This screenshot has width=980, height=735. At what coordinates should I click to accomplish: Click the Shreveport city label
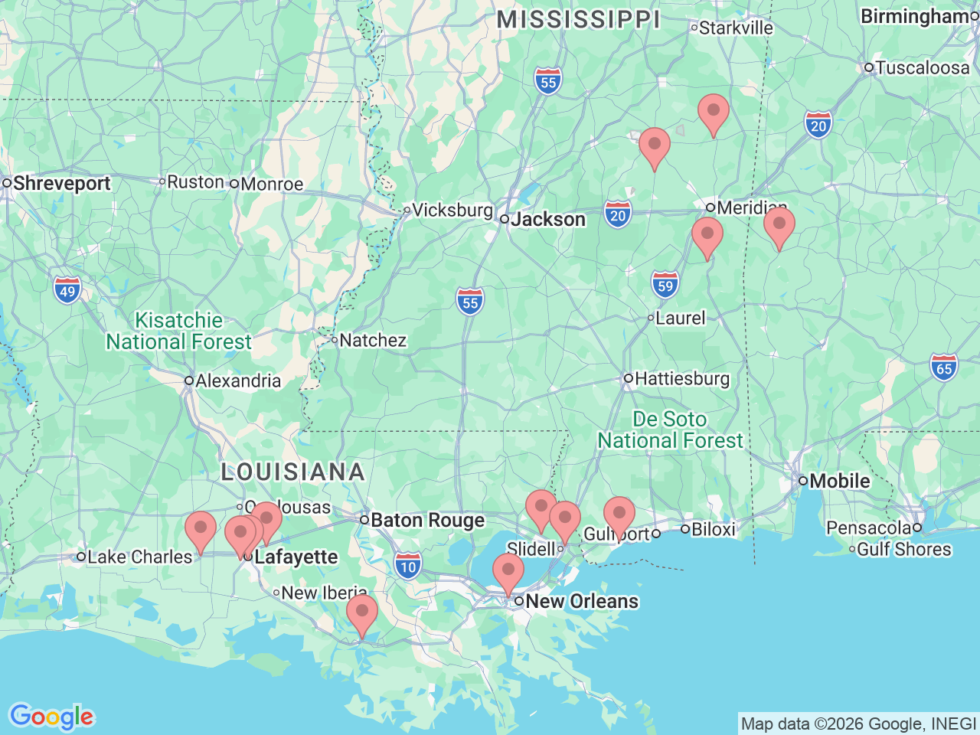tap(61, 184)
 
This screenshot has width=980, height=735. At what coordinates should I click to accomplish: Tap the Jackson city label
tap(548, 220)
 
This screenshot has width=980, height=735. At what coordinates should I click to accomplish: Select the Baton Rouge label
tap(427, 521)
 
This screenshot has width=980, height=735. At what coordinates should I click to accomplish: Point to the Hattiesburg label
tap(681, 379)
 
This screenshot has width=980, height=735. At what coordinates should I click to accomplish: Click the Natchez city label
tap(372, 341)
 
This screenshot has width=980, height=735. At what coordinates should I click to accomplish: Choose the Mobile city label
tap(839, 482)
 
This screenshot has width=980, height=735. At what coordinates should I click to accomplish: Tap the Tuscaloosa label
tap(922, 68)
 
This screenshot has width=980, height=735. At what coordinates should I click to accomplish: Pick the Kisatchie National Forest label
tap(178, 331)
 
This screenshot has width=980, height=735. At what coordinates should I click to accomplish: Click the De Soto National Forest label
tap(670, 430)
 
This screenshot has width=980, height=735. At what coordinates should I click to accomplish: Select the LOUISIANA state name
tap(292, 472)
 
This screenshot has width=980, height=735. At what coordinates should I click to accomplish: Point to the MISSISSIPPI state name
tap(578, 20)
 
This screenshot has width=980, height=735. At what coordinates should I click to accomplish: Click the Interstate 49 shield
tap(67, 291)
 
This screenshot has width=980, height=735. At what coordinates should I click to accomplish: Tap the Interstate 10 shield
tap(408, 567)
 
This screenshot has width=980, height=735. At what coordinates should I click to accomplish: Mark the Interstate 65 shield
tap(944, 368)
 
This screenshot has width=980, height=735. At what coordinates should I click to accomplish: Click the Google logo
tap(51, 717)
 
